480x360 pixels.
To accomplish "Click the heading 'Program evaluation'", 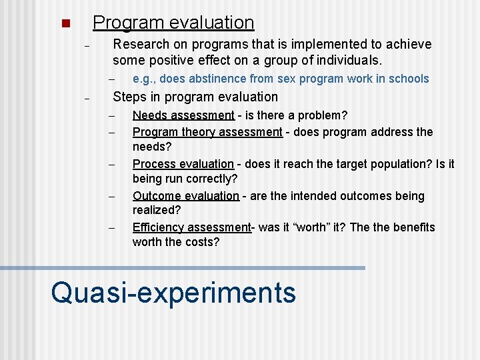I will (173, 23).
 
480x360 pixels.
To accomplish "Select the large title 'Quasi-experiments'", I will (173, 292).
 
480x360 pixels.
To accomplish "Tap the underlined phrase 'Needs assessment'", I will (183, 115).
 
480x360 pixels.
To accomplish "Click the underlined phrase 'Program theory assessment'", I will (207, 132).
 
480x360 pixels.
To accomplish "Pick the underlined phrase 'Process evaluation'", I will (183, 164).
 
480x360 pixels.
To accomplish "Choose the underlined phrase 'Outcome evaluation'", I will (186, 196).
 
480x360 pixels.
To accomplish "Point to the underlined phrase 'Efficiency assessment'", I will (191, 227).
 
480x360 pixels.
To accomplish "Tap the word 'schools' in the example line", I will (409, 79).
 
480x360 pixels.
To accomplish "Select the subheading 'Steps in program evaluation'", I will (195, 97).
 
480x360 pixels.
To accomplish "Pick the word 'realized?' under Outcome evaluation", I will (157, 211).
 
